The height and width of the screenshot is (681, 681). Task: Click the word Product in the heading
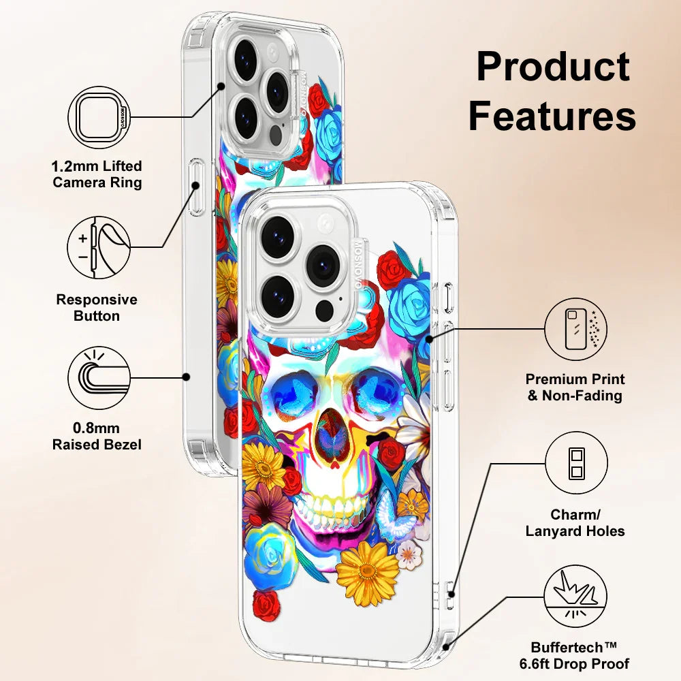pos(552,68)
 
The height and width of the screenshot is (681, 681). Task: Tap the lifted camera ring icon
pos(99,117)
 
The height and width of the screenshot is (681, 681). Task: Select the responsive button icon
pos(99,247)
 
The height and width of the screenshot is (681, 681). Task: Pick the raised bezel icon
pos(99,377)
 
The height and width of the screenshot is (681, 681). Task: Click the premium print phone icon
pos(575,329)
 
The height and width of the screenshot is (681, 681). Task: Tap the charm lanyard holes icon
pos(575,463)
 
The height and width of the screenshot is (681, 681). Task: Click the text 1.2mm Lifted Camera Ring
pos(97,174)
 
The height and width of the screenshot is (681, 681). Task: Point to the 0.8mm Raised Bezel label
pos(97,437)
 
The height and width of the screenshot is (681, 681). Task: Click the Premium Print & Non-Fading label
pos(575,387)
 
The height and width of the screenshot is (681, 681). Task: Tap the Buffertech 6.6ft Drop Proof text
pos(580,655)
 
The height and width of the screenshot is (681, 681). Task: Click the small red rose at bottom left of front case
pos(266,604)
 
